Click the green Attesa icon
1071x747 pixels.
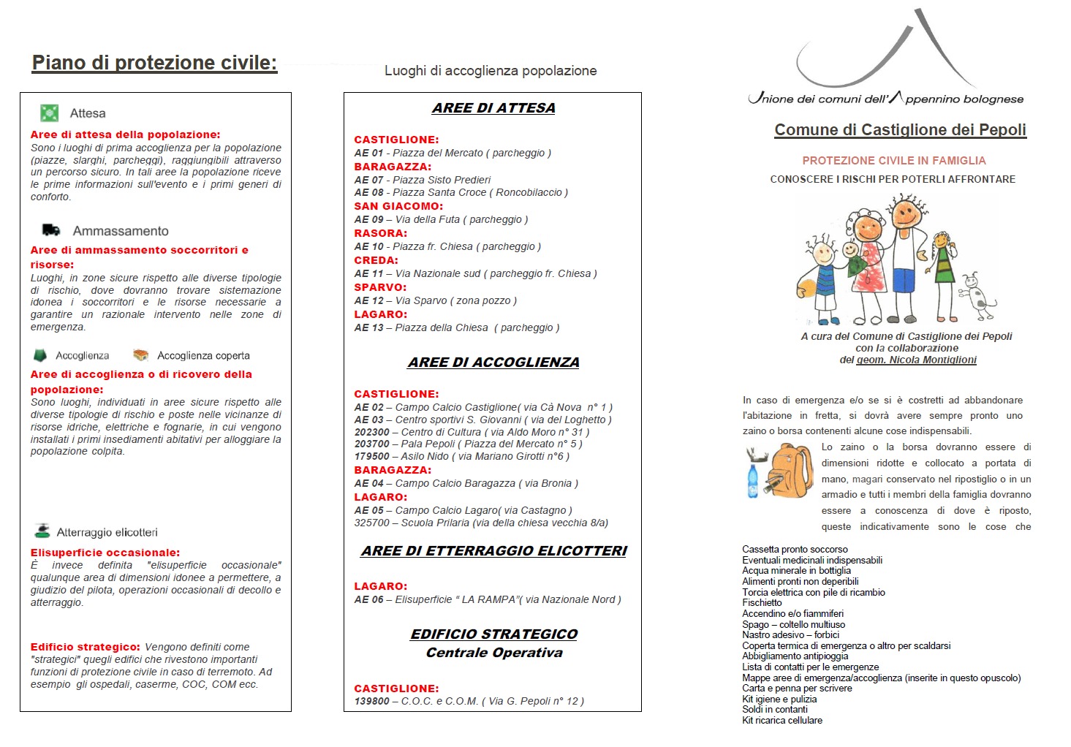[x=49, y=113]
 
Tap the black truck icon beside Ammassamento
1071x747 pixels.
[x=51, y=230]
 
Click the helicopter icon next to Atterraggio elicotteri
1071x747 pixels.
[x=42, y=531]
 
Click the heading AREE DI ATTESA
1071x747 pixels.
[x=493, y=108]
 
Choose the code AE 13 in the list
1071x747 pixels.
[x=368, y=327]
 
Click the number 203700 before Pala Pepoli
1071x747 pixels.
[x=371, y=444]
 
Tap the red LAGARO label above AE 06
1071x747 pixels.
[x=380, y=586]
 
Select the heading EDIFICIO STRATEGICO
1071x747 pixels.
[x=493, y=634]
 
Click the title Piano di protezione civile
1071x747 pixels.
[x=154, y=63]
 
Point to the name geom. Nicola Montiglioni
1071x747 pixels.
[x=916, y=360]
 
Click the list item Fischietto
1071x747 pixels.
[x=762, y=603]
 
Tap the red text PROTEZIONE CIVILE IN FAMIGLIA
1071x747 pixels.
[x=893, y=161]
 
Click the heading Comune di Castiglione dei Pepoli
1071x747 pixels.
[x=900, y=130]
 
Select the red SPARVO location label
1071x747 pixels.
[x=380, y=287]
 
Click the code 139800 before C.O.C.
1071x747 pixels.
[x=371, y=701]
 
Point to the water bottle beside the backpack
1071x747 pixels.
[x=753, y=482]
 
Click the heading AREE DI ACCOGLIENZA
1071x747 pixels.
[x=493, y=363]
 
